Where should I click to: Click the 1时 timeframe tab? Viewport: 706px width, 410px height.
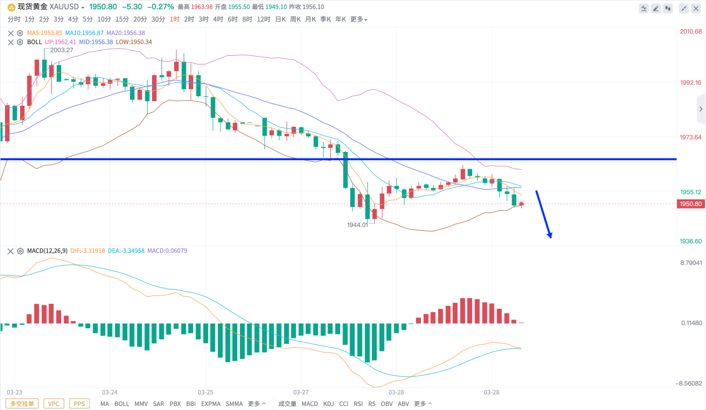175,19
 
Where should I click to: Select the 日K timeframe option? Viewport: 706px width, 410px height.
280,19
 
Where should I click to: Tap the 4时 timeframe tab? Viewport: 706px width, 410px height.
218,19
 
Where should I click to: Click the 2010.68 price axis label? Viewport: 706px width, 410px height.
690,32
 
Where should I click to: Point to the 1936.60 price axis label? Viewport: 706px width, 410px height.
690,241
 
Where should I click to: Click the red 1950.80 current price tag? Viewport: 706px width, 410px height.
690,204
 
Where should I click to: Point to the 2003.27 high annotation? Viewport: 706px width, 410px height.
61,50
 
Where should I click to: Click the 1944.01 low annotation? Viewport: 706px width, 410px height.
358,225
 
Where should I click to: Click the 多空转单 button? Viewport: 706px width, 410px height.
22,404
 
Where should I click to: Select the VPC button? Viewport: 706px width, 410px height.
53,404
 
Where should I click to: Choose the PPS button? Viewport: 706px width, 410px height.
79,404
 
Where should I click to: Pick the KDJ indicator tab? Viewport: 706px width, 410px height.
329,404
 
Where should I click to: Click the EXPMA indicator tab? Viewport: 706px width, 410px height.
211,404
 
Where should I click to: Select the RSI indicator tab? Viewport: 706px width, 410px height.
358,404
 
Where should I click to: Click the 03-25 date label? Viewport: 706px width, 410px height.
205,392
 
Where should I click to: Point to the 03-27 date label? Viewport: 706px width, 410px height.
301,392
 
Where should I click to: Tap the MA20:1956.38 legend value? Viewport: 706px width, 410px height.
126,33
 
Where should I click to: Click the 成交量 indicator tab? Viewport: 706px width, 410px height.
287,404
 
